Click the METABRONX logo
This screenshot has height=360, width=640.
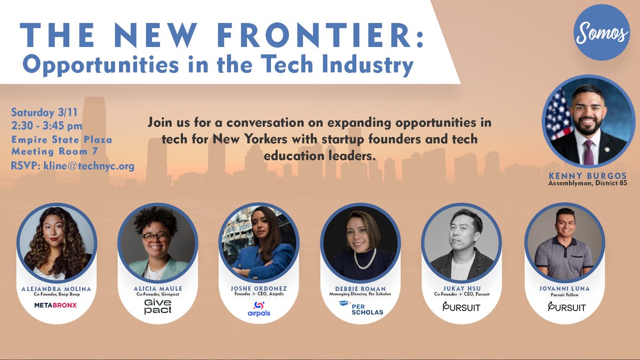point(56,305)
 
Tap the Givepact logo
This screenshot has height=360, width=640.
point(158,306)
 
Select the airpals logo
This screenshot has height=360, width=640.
point(259,308)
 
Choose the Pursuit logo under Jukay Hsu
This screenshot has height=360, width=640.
point(462,307)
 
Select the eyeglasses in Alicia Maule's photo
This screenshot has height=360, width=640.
point(156,236)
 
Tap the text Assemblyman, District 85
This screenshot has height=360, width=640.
point(588,183)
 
